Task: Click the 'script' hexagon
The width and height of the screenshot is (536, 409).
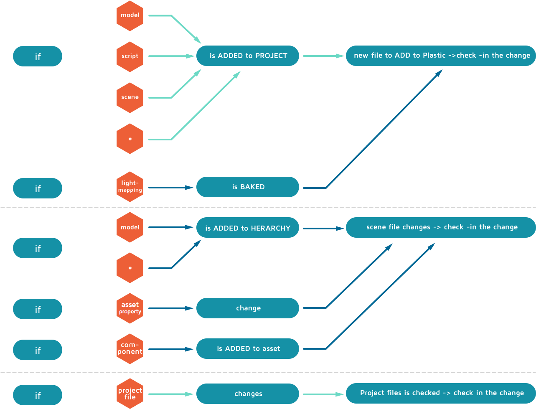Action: coord(130,56)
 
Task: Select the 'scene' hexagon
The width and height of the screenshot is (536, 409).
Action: coord(130,97)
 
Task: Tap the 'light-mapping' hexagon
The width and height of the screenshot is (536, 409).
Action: coord(130,187)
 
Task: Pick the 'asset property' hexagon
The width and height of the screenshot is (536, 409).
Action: coord(130,308)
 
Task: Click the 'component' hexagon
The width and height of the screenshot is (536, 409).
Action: coord(130,349)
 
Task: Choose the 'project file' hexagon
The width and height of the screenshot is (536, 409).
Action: coord(130,394)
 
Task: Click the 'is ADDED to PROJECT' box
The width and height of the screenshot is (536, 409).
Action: coord(248,56)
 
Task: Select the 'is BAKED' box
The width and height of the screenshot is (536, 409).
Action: coord(248,187)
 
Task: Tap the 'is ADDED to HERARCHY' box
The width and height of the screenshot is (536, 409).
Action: coord(248,228)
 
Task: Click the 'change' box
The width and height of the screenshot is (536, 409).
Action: coord(248,308)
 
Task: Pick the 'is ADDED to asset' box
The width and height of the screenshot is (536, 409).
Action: coord(248,348)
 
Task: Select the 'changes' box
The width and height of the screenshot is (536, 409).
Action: coord(248,394)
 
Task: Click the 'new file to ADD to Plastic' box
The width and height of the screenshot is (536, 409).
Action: coord(441,56)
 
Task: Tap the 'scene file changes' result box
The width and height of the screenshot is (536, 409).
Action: coord(441,227)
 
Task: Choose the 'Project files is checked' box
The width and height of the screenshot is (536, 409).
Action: coord(441,393)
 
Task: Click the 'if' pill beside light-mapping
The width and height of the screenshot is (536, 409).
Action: coord(38,188)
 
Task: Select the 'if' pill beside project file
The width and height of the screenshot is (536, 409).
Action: coord(38,395)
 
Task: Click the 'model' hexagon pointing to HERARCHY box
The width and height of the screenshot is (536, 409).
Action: coord(130,227)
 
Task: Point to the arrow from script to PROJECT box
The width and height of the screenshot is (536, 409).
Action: coord(171,56)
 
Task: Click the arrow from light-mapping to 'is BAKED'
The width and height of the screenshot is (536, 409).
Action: coord(171,188)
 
